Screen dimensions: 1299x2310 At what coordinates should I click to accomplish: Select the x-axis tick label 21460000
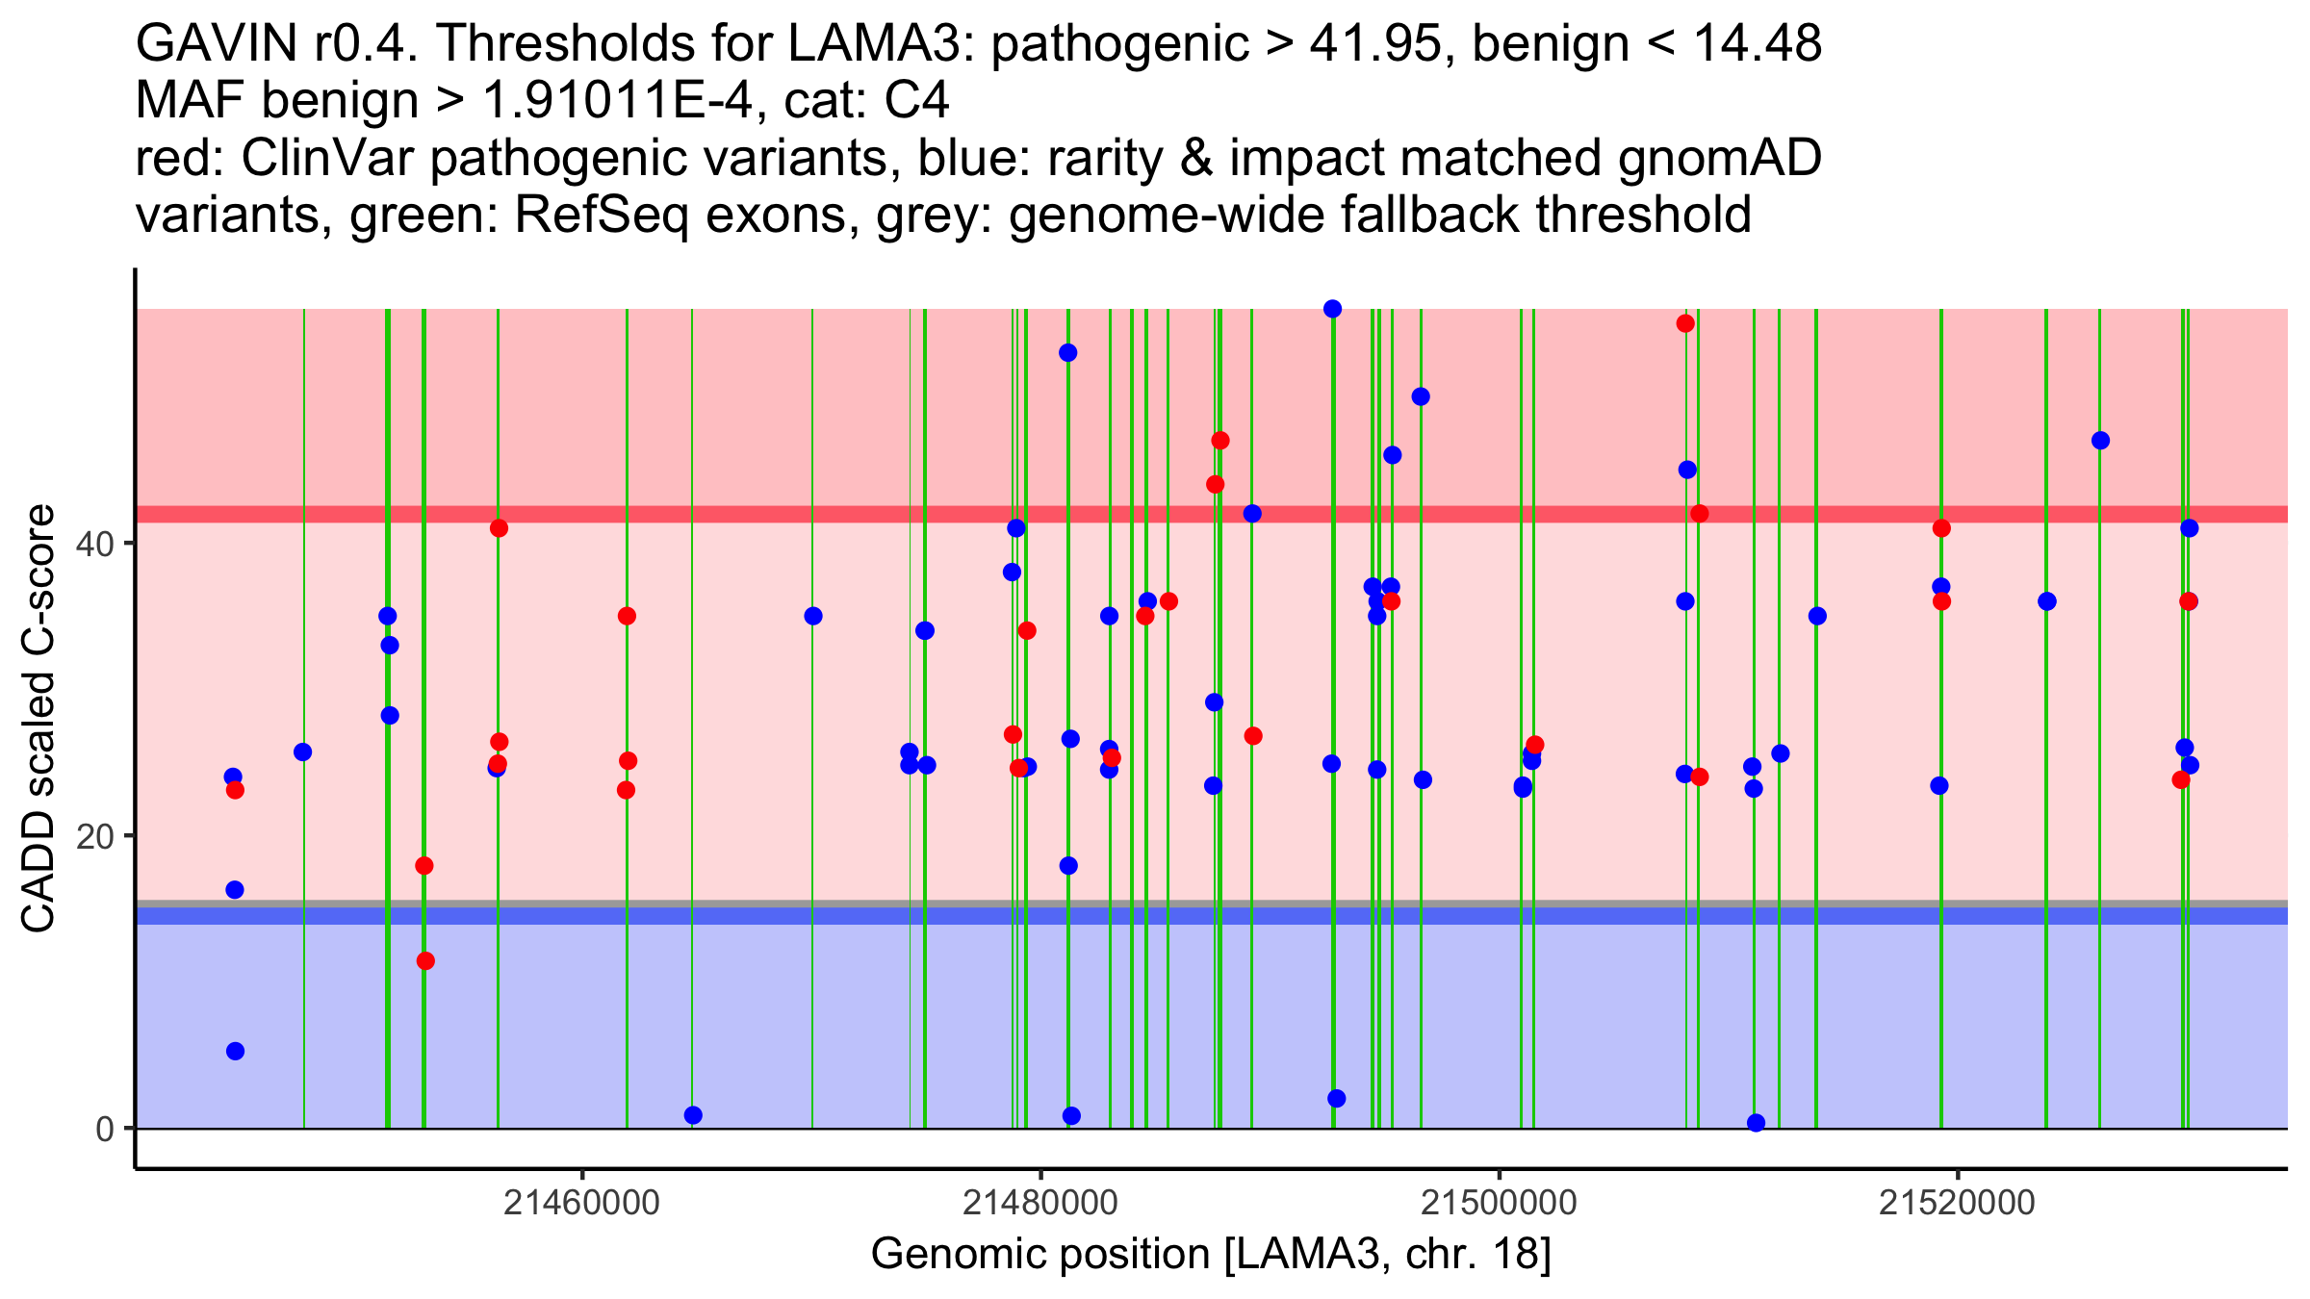(x=581, y=1202)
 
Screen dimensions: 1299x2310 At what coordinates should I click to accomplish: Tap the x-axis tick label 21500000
(x=1499, y=1202)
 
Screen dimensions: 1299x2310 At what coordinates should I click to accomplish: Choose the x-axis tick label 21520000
(x=1958, y=1202)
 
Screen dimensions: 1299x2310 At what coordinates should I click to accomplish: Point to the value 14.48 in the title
(x=1756, y=44)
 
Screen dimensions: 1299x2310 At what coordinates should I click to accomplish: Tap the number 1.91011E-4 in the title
(x=617, y=101)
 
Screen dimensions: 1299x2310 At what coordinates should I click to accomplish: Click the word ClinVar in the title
(x=328, y=158)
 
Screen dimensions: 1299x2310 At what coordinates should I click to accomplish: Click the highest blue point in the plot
(x=1332, y=309)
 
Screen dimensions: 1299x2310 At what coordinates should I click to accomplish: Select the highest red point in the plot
(x=1685, y=323)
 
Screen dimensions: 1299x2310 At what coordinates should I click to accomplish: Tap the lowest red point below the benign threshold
(x=425, y=960)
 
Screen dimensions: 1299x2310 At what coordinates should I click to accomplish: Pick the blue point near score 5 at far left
(x=235, y=1051)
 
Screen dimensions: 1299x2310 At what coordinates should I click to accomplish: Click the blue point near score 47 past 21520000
(x=2100, y=441)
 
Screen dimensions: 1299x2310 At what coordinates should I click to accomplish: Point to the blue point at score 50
(x=1421, y=396)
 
